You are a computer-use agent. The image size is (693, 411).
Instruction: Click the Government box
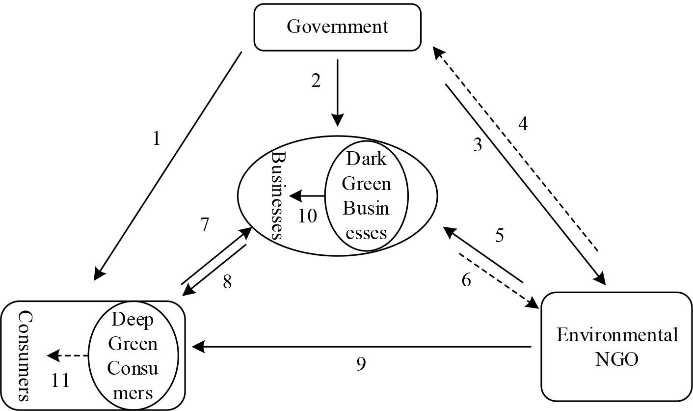337,27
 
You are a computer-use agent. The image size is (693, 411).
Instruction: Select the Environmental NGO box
616,347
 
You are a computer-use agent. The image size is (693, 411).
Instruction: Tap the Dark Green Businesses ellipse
366,196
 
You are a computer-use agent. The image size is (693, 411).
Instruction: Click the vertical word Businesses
278,195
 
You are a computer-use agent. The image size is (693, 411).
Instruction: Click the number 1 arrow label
157,139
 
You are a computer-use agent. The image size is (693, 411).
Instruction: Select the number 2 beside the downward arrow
316,81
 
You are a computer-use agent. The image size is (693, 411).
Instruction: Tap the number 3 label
478,145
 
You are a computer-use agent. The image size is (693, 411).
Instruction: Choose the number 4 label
523,124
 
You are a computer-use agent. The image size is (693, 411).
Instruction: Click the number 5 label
499,236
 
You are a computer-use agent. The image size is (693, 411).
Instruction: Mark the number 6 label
466,280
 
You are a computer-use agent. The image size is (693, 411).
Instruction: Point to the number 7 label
205,225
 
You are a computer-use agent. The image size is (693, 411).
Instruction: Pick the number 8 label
227,282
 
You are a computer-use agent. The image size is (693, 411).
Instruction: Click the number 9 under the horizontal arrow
361,364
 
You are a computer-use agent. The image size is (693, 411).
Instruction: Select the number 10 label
307,216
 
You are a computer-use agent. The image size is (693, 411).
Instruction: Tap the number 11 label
60,381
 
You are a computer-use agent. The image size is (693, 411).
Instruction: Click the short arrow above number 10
307,196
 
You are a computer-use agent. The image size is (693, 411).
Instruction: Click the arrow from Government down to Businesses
337,93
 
